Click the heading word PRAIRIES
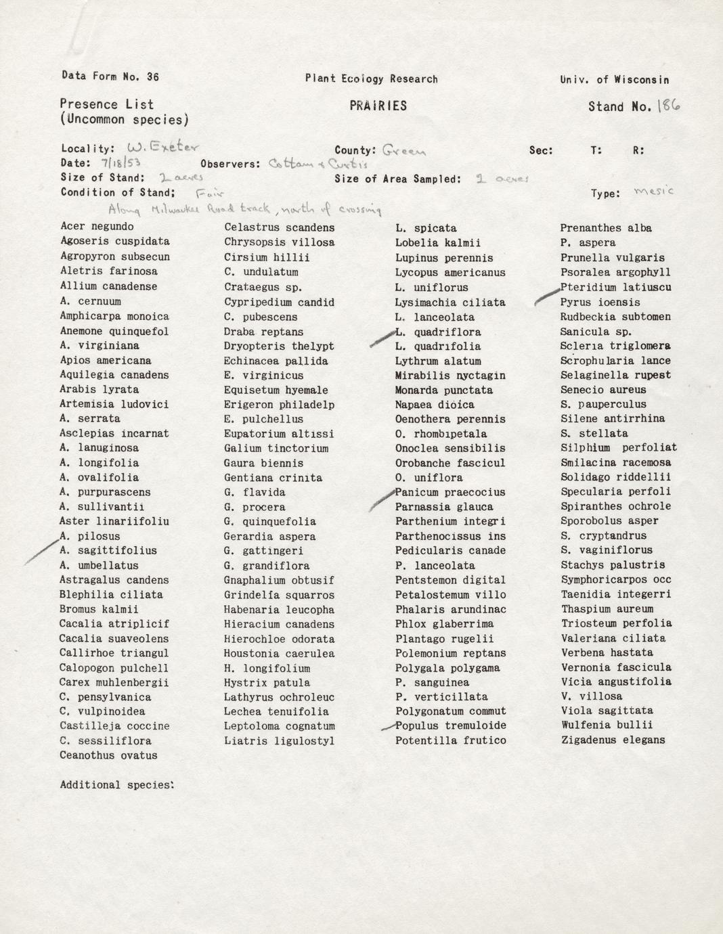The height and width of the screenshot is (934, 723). (x=378, y=106)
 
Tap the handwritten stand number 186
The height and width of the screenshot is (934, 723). (x=668, y=106)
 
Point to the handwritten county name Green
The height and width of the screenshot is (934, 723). (x=403, y=150)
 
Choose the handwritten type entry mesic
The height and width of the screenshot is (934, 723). (x=653, y=192)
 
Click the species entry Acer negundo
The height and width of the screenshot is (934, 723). (x=97, y=227)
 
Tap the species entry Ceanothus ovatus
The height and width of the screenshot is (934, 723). (x=108, y=755)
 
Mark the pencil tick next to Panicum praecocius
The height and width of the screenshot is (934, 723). (x=382, y=499)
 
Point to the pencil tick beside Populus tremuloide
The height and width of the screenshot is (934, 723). (x=388, y=727)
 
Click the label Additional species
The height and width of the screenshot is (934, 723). (x=116, y=785)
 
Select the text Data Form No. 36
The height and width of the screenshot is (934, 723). (x=110, y=76)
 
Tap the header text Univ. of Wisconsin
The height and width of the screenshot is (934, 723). (x=614, y=80)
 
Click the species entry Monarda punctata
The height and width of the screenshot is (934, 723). (x=443, y=390)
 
